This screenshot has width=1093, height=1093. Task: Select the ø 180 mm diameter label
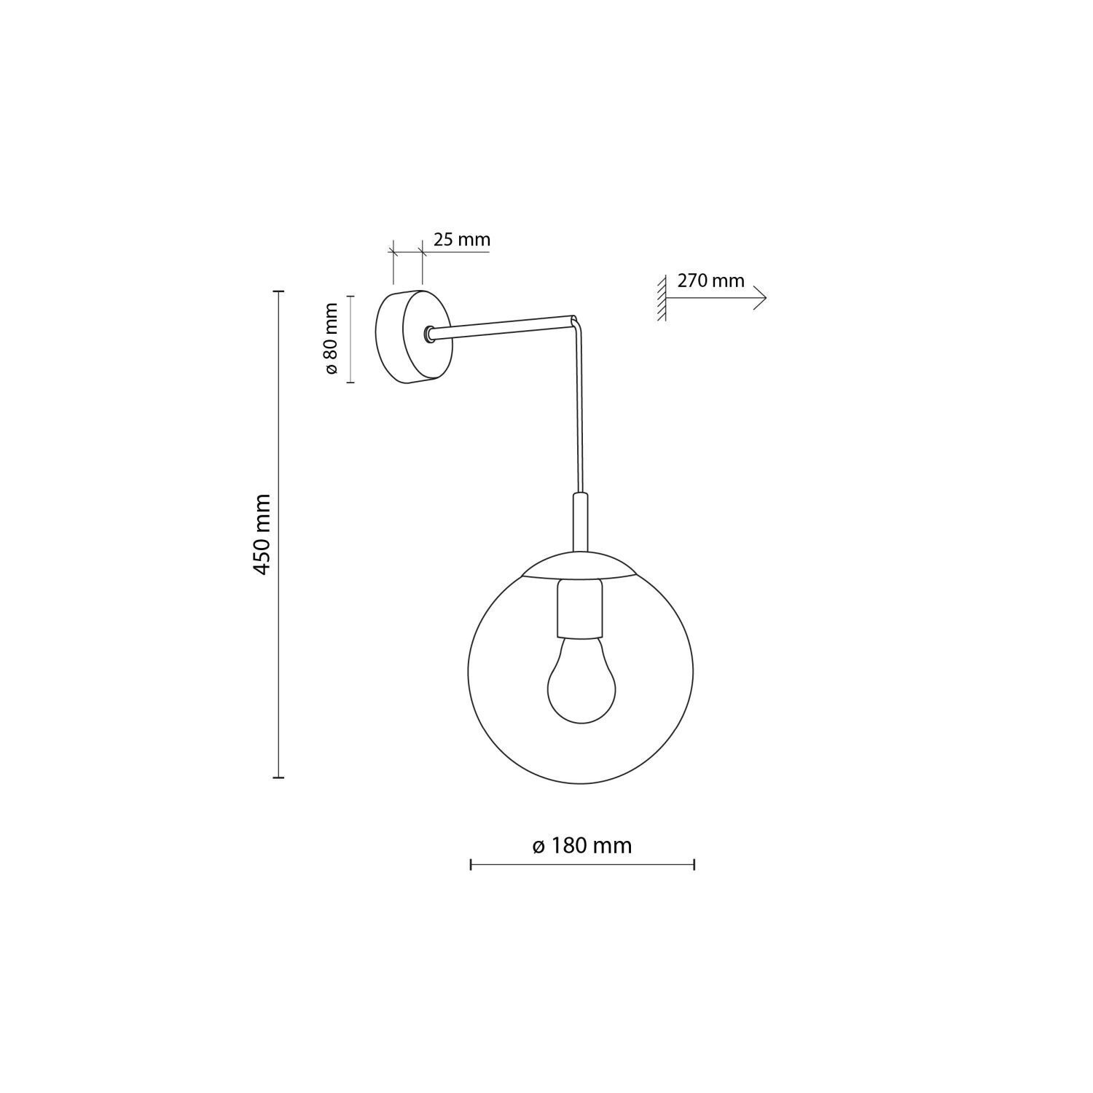click(581, 845)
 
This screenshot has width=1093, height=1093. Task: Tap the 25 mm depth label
click(461, 240)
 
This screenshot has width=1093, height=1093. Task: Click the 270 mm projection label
click(710, 281)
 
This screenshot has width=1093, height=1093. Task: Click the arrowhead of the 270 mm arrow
click(762, 299)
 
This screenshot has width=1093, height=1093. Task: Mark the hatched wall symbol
click(662, 299)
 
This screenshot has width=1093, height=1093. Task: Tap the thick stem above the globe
click(580, 520)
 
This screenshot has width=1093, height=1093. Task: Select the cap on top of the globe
click(581, 565)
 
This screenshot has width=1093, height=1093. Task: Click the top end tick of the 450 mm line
click(278, 291)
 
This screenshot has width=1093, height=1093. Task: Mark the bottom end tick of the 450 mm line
click(278, 777)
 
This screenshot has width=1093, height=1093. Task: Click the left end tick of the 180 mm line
click(471, 865)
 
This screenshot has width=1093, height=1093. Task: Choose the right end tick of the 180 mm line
click(694, 865)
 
